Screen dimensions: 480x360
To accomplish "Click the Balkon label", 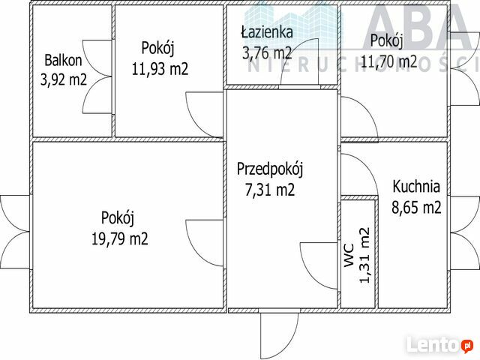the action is (x=63, y=60).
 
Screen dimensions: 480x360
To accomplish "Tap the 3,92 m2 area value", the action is (x=64, y=79).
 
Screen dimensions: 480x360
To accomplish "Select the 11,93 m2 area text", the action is (x=160, y=68).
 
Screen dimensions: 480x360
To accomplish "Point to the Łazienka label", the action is (x=267, y=31).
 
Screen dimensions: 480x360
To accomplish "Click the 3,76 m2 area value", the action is (x=267, y=52).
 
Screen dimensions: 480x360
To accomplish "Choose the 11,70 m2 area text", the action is (x=389, y=61).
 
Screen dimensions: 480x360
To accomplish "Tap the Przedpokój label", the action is (x=270, y=169).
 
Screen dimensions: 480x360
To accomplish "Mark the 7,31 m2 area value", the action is (x=270, y=190).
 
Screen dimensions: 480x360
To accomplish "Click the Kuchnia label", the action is (x=416, y=187).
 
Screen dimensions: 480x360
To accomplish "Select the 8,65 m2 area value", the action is (x=416, y=207).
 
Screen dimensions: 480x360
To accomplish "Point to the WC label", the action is (x=349, y=255).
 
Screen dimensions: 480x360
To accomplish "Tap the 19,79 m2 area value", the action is (x=120, y=238).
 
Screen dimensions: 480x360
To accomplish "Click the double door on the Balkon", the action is (x=97, y=76).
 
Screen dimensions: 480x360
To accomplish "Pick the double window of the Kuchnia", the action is (x=464, y=233).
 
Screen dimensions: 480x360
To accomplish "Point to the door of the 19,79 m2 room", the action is (x=205, y=243).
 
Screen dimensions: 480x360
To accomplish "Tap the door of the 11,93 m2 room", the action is (x=205, y=115).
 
